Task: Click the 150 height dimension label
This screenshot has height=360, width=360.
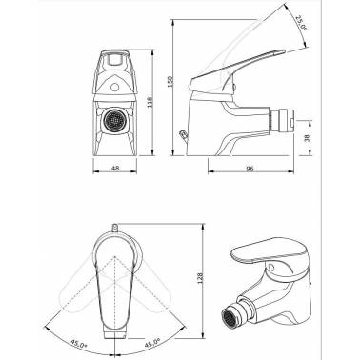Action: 170,82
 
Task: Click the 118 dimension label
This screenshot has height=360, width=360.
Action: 150,102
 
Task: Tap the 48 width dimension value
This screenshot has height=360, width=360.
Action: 115,168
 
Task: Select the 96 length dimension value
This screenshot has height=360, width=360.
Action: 250,169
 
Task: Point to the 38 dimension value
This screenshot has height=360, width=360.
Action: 306,139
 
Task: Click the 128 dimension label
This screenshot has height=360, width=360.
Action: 200,278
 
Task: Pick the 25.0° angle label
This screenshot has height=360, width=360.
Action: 301,23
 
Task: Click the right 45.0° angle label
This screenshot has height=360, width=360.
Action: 151,344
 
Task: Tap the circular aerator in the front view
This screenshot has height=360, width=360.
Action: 113,120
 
